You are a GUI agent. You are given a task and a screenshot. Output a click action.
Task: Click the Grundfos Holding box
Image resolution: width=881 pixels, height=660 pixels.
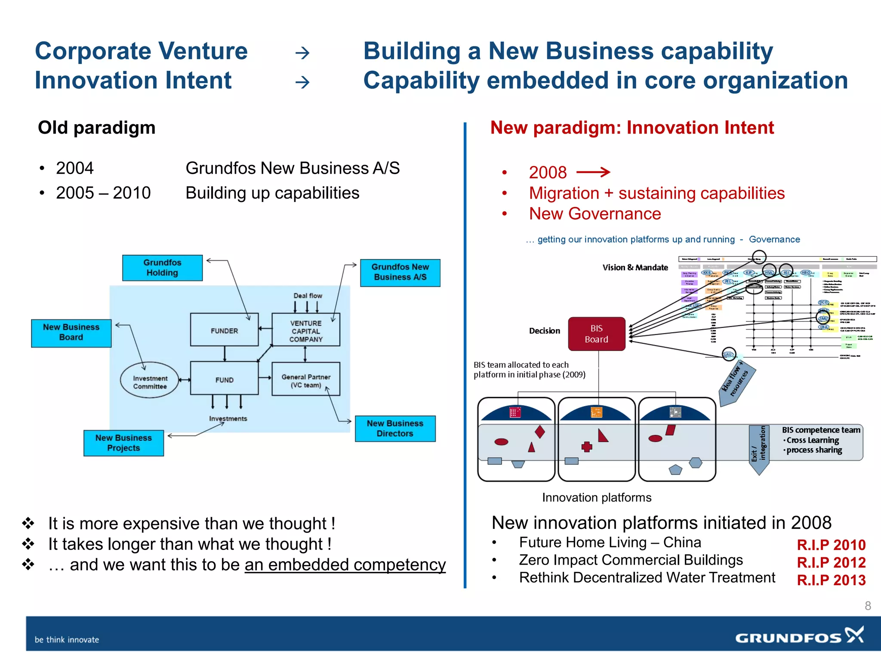[x=162, y=268]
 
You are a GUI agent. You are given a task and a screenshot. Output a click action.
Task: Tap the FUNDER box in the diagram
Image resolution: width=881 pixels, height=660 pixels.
[x=224, y=330]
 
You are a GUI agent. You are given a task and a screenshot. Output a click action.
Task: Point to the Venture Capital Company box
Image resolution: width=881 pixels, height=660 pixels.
[x=306, y=330]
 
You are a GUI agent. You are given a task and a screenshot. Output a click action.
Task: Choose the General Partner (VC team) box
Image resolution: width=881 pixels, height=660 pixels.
[x=306, y=379]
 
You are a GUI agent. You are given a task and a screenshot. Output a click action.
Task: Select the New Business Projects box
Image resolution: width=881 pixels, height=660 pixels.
[x=123, y=443]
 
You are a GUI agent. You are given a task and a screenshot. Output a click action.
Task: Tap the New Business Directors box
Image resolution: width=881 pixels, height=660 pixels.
[x=395, y=428]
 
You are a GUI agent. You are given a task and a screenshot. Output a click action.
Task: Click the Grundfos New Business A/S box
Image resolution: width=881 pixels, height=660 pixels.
[x=400, y=272]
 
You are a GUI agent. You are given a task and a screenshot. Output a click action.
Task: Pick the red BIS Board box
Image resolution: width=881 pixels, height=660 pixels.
[x=597, y=334]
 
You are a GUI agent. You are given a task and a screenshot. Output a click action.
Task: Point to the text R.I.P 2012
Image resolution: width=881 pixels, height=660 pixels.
[x=831, y=562]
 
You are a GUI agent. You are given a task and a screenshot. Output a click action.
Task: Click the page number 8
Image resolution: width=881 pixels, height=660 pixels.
[x=868, y=606]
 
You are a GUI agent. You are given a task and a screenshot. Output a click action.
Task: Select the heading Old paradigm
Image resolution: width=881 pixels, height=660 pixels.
[x=97, y=128]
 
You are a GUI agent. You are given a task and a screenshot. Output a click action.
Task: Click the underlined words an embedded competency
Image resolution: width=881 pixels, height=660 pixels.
[x=345, y=565]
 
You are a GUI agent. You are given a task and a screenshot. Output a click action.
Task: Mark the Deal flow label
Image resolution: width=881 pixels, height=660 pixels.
[x=308, y=296]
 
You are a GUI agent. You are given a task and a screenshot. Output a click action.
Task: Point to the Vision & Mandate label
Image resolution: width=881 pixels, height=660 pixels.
[x=635, y=267]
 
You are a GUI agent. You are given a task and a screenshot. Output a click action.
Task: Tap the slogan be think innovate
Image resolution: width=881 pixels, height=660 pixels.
[x=67, y=639]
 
